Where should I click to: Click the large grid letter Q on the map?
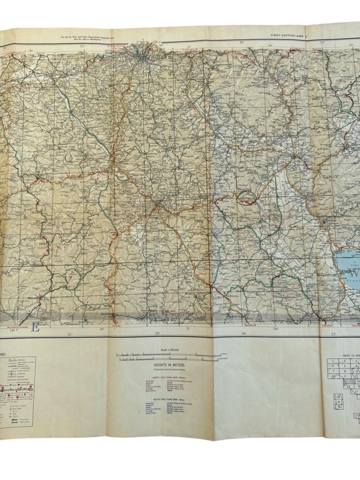coord(70,157)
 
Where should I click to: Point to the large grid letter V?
coord(68,280)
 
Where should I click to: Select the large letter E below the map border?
coord(36,328)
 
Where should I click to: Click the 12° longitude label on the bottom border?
coord(334,334)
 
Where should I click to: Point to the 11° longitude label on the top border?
coord(82,45)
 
